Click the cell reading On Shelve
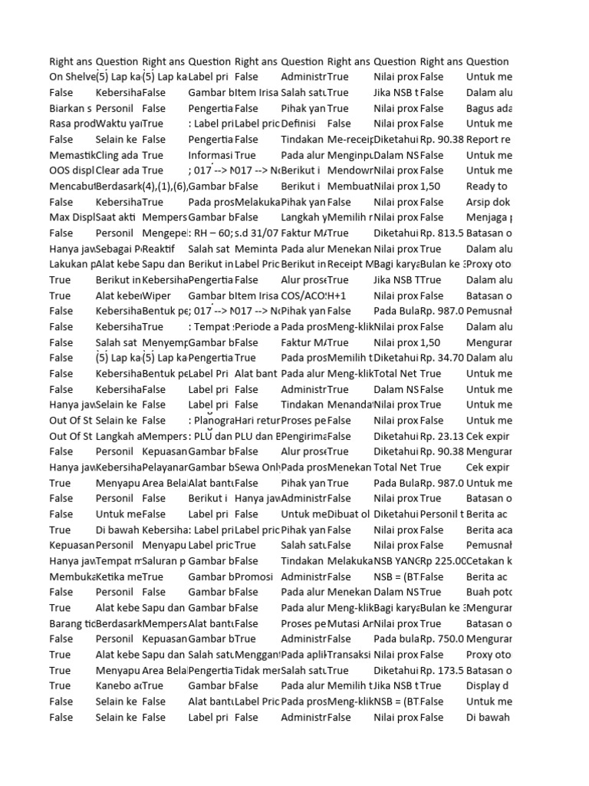tap(72, 77)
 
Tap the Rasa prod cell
tap(71, 124)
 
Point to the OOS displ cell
tap(71, 170)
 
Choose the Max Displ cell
tap(71, 217)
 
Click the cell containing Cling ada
tap(118, 155)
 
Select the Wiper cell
tap(156, 296)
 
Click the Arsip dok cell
tap(488, 202)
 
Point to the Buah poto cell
tap(489, 593)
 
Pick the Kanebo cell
tap(118, 686)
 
